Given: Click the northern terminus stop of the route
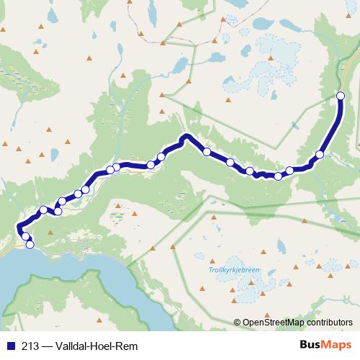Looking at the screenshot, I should (341, 95).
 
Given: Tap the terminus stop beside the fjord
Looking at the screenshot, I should (30, 245).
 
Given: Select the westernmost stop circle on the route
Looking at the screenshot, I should (25, 236).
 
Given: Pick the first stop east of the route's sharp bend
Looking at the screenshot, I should (207, 152).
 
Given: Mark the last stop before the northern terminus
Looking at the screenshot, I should (320, 154).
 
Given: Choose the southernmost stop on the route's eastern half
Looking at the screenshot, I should (278, 176).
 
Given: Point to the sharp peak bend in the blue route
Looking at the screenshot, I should (186, 136).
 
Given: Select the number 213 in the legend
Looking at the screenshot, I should (30, 345).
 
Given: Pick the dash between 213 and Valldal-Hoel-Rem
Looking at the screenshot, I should (46, 345).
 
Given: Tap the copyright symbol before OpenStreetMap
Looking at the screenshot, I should (237, 323).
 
